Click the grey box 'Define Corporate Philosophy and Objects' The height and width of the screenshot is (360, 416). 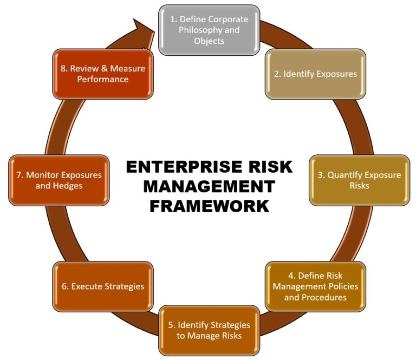pos(209,30)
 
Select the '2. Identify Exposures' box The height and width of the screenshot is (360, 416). pos(315,74)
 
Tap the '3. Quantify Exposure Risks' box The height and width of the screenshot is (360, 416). pos(360,180)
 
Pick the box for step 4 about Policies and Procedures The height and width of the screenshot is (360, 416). pos(315,286)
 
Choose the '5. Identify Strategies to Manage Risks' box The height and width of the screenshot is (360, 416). pos(209,330)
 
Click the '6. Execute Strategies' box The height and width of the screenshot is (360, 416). pos(102,286)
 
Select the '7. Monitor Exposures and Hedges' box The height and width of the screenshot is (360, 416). pos(58,181)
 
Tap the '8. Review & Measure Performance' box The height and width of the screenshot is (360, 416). pos(102,74)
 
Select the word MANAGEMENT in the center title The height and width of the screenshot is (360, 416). pos(209,186)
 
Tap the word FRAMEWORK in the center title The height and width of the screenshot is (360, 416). pos(209,206)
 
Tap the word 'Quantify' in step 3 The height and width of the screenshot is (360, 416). pos(347,175)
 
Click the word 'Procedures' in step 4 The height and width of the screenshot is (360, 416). pos(325,297)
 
